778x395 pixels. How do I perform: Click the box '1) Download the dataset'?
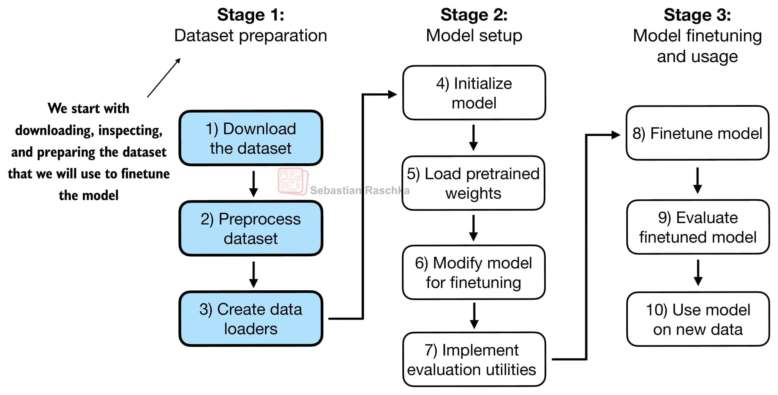coord(251,138)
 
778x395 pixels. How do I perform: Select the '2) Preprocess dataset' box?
coord(251,229)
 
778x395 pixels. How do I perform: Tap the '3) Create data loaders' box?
coord(251,319)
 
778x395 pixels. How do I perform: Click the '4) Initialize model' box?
coord(474,93)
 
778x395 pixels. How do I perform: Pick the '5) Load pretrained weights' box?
coord(473,183)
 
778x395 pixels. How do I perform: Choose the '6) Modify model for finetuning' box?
coord(473,272)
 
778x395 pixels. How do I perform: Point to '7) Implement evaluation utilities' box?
coord(474,359)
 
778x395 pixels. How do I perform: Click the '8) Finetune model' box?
coord(697,133)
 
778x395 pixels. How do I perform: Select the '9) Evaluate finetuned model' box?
coord(698,227)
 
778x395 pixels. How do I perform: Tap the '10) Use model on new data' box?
coord(698,319)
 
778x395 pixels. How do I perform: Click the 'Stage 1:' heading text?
coord(251,15)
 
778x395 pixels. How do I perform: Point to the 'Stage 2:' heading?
coord(474,15)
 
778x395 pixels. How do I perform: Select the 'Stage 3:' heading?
coord(697,15)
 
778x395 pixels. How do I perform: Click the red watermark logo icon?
coord(292,181)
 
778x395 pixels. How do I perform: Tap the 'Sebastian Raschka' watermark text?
coord(360,191)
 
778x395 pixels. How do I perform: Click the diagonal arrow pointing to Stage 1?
coord(164,78)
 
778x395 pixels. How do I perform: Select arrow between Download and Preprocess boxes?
coord(253,184)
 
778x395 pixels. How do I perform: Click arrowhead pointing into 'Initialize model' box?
coord(392,94)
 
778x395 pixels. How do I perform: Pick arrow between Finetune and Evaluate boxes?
coord(697,181)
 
